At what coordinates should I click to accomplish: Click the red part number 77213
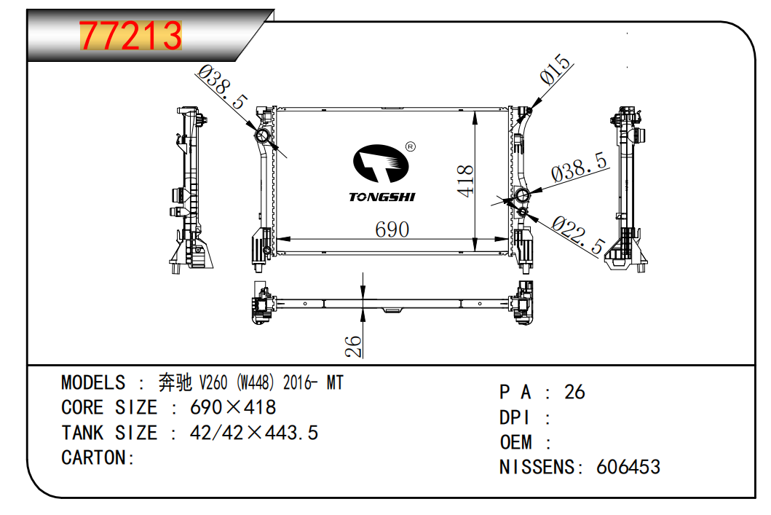[x=131, y=36]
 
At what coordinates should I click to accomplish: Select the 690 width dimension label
[x=392, y=229]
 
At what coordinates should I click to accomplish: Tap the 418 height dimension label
[x=465, y=181]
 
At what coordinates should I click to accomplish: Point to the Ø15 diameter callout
[x=555, y=69]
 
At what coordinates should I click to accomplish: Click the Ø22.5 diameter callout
[x=578, y=234]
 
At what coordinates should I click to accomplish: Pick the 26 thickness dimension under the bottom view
[x=353, y=346]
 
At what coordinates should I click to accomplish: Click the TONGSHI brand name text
[x=382, y=197]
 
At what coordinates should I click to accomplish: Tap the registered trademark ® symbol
[x=410, y=146]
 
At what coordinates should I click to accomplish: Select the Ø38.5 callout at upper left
[x=221, y=87]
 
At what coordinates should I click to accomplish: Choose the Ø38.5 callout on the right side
[x=580, y=168]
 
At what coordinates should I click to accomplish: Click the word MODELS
[x=93, y=382]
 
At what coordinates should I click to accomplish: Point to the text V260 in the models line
[x=213, y=382]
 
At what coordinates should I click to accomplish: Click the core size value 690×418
[x=232, y=407]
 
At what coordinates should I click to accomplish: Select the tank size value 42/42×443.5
[x=253, y=433]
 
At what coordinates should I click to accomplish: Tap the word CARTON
[x=94, y=457]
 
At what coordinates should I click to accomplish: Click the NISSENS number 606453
[x=628, y=467]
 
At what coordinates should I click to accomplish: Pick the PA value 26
[x=574, y=392]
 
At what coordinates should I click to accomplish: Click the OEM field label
[x=515, y=442]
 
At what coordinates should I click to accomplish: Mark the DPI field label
[x=514, y=417]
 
